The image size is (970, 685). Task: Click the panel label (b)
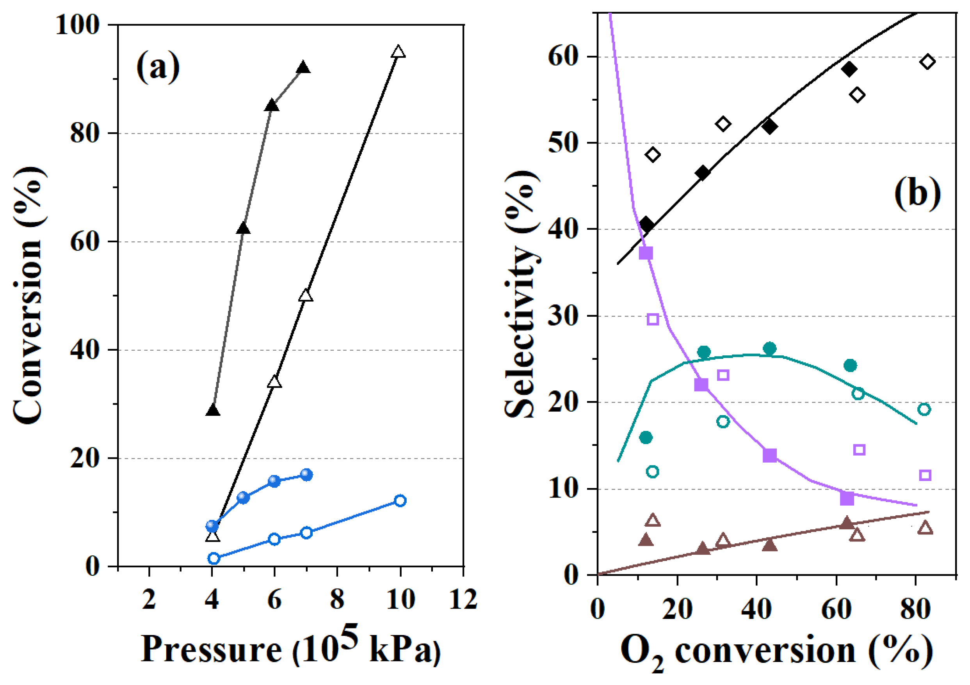[917, 193]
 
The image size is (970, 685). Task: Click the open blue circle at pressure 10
[400, 501]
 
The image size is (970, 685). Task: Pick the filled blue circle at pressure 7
[306, 475]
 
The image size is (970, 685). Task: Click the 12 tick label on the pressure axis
[463, 599]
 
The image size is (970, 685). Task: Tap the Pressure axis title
[291, 649]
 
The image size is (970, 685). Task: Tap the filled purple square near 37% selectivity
[646, 254]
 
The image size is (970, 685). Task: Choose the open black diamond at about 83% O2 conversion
[927, 62]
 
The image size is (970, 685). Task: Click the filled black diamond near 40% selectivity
[646, 225]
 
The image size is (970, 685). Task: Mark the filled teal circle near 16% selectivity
[646, 438]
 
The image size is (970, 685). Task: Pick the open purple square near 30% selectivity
[653, 319]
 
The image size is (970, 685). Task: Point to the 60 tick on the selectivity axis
[564, 57]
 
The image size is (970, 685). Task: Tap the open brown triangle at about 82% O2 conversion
[925, 528]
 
